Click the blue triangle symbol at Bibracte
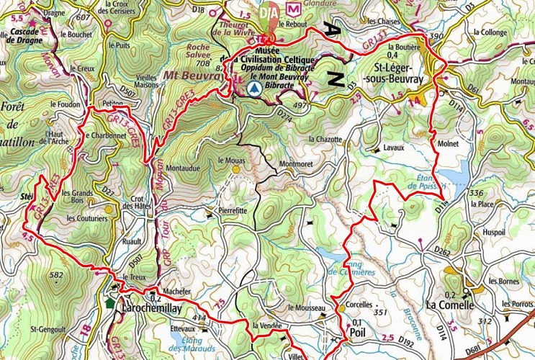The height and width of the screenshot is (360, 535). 253,89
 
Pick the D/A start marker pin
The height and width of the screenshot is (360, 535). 269,16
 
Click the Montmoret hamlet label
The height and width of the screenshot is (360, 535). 297,163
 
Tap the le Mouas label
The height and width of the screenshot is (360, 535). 230,160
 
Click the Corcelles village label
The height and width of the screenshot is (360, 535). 360,305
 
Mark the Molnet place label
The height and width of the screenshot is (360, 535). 449,144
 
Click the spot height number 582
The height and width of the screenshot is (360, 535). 55,275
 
